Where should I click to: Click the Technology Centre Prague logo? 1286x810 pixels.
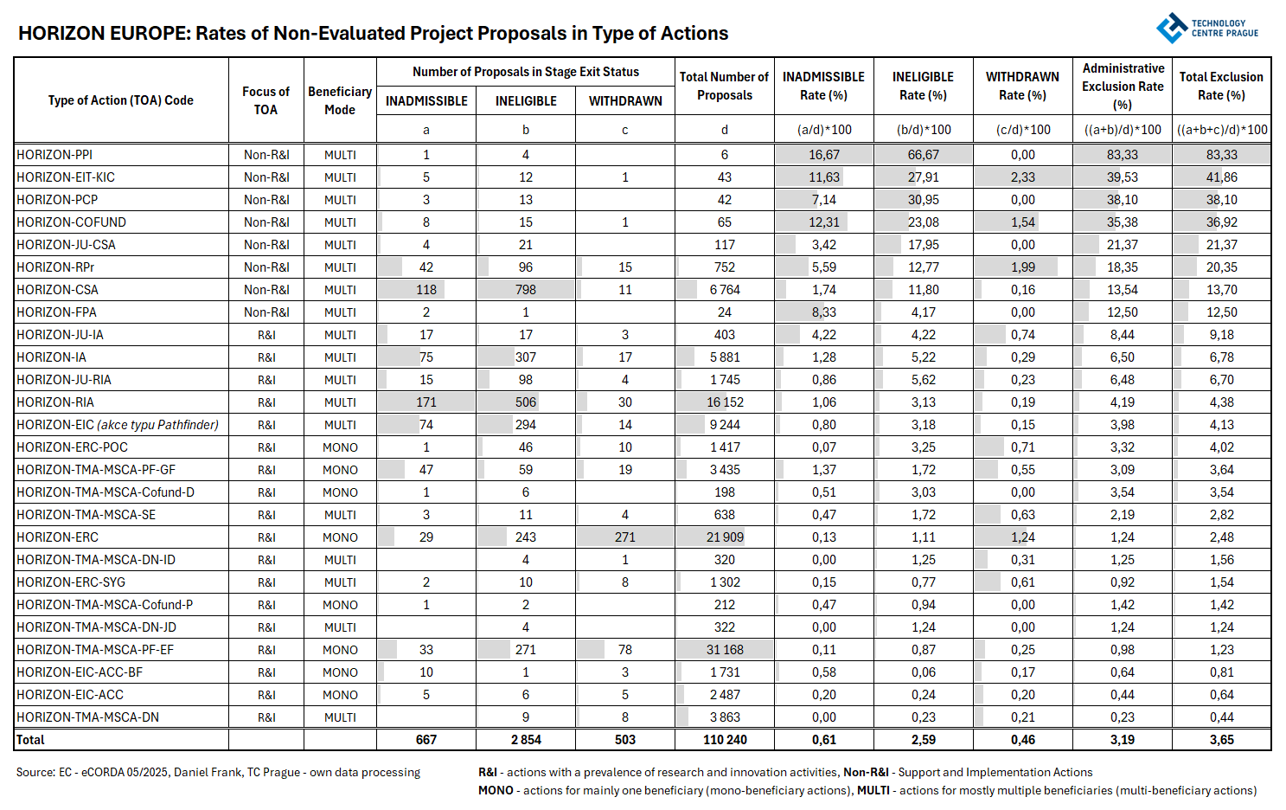click(1206, 28)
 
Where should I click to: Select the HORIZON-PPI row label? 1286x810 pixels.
click(54, 155)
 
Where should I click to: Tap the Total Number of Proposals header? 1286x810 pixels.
click(724, 87)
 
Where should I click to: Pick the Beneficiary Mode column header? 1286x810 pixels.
click(340, 100)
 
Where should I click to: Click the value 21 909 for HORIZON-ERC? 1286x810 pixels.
click(725, 537)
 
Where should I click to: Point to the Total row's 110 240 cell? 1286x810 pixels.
click(725, 740)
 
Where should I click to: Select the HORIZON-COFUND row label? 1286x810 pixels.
click(72, 222)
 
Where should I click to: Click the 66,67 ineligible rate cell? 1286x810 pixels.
click(924, 155)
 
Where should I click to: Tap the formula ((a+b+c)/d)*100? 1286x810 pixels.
click(1221, 130)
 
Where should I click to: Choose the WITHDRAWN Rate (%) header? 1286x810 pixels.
click(1022, 87)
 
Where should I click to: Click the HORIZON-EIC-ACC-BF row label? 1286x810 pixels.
click(80, 672)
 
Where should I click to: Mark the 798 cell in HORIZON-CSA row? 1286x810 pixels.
click(526, 290)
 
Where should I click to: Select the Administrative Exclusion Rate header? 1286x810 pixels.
click(1123, 87)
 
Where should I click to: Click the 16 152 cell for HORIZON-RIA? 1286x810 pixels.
click(725, 402)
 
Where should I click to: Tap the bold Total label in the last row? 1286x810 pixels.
click(30, 740)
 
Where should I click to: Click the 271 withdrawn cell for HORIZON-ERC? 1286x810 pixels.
click(625, 537)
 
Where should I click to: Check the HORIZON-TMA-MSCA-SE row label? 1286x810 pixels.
click(86, 515)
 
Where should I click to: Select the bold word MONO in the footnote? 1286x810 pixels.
click(496, 791)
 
